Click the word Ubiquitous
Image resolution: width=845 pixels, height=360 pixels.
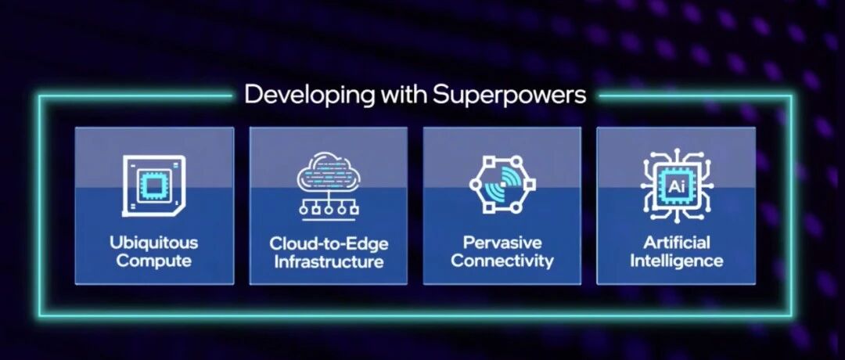154,243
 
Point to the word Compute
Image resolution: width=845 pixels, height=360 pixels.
154,261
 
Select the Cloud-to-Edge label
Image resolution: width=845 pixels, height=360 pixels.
329,243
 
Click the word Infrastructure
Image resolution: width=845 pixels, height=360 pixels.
329,262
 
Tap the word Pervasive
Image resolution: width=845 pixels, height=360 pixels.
502,243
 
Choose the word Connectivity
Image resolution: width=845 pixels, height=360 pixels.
502,261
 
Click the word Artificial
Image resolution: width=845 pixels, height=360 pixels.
676,243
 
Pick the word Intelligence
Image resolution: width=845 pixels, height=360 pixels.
676,261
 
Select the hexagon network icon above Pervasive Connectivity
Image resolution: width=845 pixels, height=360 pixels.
502,185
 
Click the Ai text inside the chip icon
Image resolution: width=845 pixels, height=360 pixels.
676,186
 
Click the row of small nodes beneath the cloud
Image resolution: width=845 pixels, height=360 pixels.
329,210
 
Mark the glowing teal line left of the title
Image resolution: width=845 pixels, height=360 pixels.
135,96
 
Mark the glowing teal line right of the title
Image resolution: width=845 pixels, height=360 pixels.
696,96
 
